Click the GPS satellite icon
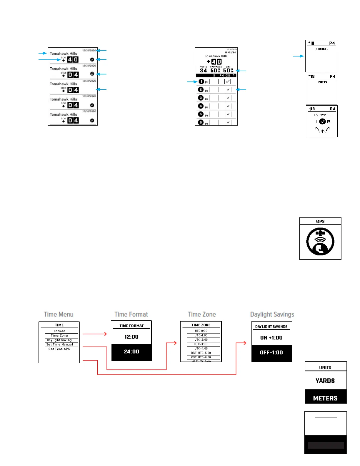point(320,242)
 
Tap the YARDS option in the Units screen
point(325,381)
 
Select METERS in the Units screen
point(325,398)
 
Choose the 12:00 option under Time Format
point(131,337)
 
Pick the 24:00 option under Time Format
point(131,352)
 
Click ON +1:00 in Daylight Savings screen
point(271,338)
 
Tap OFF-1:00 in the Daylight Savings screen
point(271,352)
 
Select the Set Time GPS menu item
point(59,349)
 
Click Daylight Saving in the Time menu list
point(59,340)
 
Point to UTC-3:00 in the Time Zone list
point(201,344)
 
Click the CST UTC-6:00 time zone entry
point(201,357)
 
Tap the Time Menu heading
point(59,314)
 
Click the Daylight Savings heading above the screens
point(272,314)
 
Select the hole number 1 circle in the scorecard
point(201,81)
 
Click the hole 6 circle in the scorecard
point(201,122)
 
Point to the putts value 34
point(203,71)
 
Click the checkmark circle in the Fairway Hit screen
point(322,122)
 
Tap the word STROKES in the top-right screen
point(322,49)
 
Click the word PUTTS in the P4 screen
point(322,82)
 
